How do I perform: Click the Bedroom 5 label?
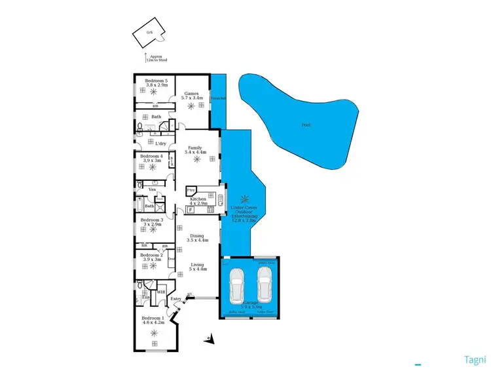click(x=156, y=83)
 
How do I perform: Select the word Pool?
click(x=306, y=124)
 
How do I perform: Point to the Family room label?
click(x=195, y=150)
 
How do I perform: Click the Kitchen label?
click(x=198, y=201)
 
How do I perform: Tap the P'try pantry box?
click(x=191, y=190)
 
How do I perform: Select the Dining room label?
click(x=196, y=238)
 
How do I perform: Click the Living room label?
click(x=197, y=266)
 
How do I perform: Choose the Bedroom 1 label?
click(x=155, y=320)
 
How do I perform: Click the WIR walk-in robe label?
click(x=161, y=292)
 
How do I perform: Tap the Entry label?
click(x=175, y=300)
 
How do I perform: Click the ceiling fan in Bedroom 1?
click(x=155, y=333)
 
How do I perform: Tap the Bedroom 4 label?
click(x=151, y=158)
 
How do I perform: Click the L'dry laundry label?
click(x=160, y=144)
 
